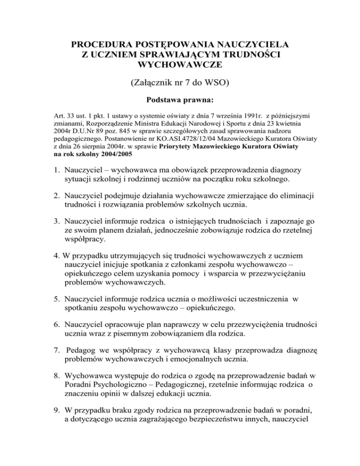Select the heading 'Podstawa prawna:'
(180, 99)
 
